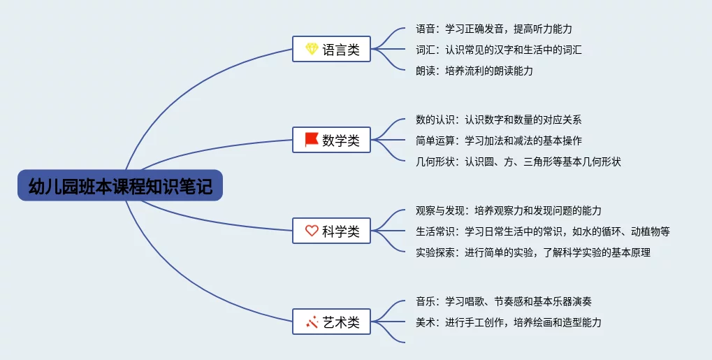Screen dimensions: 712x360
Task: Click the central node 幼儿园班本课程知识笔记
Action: tap(120, 185)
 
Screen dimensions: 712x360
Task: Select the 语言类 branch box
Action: tap(331, 49)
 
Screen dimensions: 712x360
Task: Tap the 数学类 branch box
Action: tap(331, 140)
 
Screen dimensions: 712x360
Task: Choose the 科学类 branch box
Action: tap(331, 231)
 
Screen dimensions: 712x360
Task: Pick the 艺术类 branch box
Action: tap(331, 322)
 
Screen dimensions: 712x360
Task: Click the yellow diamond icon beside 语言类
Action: tap(312, 49)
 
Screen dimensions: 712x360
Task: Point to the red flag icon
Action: tap(312, 140)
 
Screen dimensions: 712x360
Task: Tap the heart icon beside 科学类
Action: tap(312, 231)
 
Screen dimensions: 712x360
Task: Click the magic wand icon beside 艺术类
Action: tap(312, 322)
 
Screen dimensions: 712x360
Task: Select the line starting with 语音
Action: tap(494, 29)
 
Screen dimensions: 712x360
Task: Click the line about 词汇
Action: tap(499, 50)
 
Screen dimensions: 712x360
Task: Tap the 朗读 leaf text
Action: tap(474, 71)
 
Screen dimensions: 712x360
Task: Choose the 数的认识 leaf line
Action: tap(499, 120)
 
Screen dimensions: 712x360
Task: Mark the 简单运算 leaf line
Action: tap(499, 141)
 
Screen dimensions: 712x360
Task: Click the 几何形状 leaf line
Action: tap(518, 161)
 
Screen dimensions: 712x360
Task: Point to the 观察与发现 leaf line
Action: tap(509, 210)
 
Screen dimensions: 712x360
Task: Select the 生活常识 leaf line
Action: tap(543, 231)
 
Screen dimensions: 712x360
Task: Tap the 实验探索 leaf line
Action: tap(533, 252)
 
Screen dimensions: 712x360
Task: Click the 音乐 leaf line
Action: tap(504, 301)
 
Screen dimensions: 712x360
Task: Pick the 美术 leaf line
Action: tap(509, 322)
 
